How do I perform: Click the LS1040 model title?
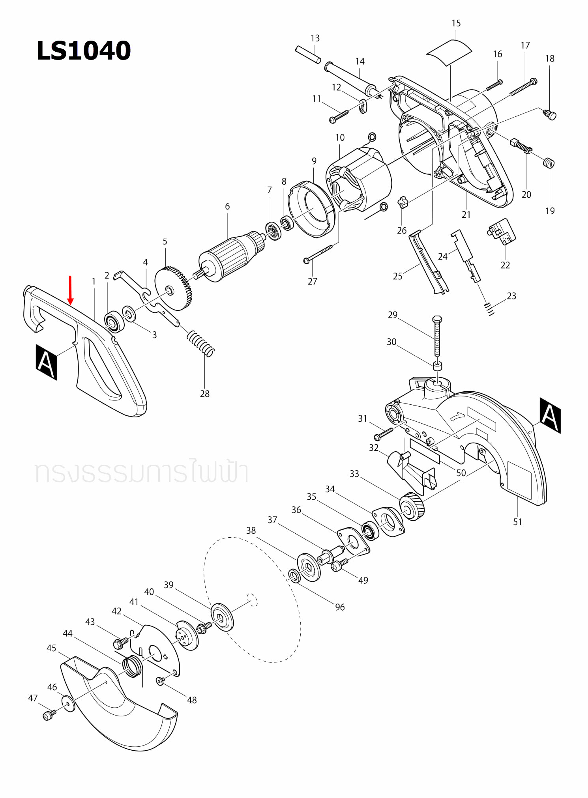83,51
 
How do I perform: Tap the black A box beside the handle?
46,362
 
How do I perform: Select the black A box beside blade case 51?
550,415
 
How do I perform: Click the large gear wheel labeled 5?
174,288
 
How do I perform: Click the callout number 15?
456,23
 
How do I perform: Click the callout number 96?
340,607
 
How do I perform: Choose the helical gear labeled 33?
412,507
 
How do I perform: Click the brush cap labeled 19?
549,163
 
